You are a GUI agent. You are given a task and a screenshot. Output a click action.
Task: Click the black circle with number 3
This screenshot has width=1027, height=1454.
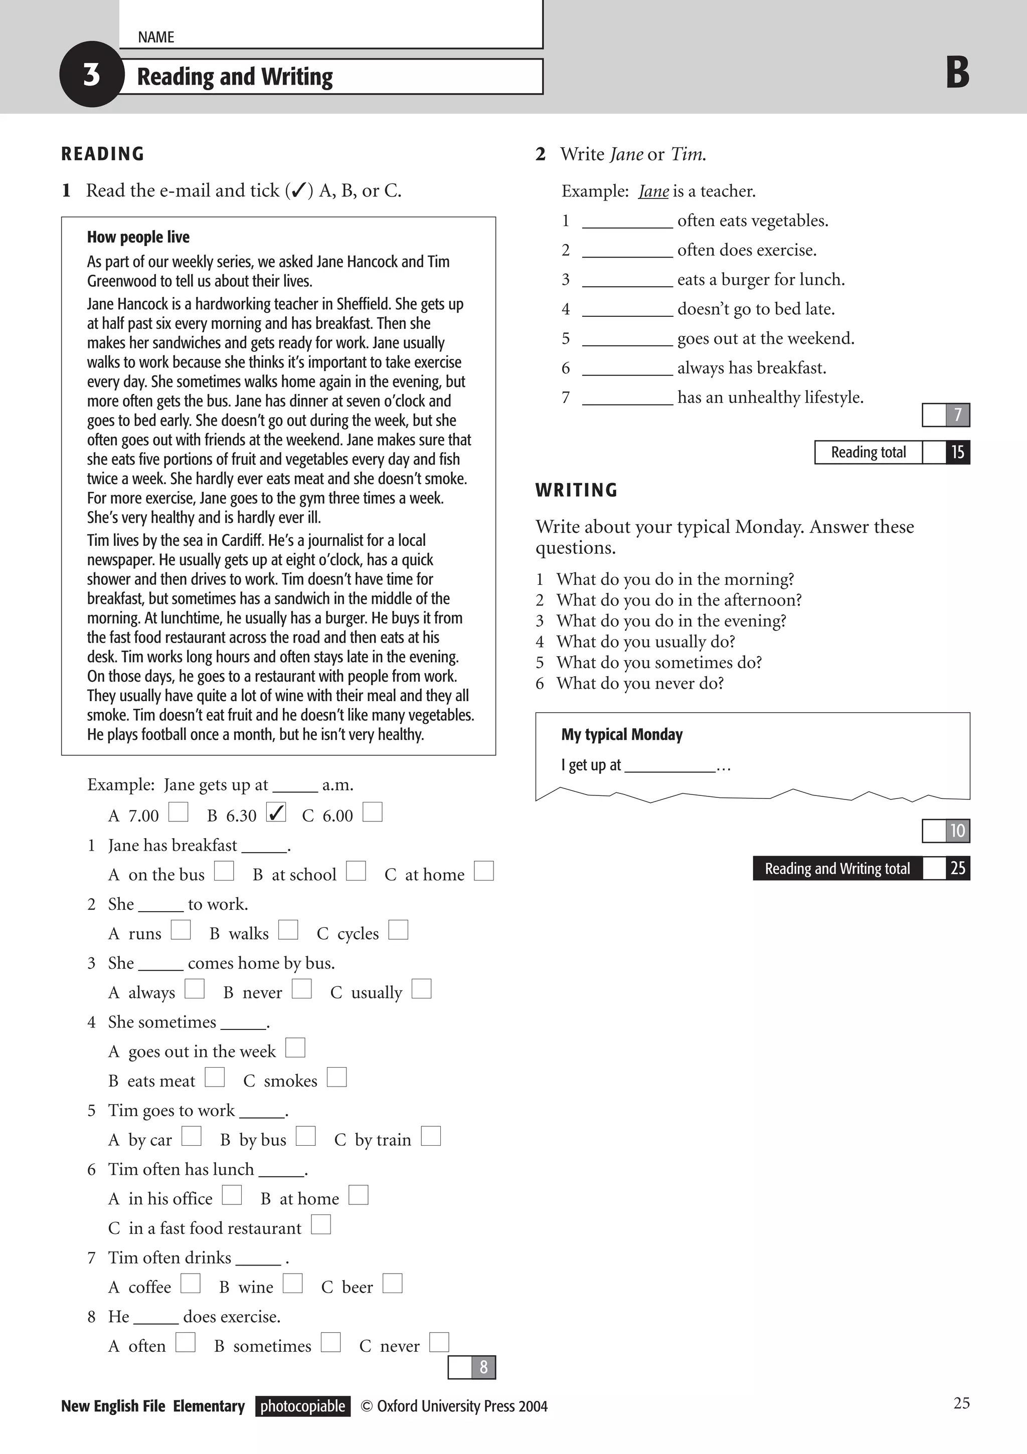(x=91, y=75)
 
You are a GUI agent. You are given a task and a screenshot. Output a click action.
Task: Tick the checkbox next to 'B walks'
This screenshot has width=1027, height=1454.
(x=288, y=930)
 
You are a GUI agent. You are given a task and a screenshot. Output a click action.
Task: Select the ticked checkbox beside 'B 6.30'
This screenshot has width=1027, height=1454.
(x=276, y=812)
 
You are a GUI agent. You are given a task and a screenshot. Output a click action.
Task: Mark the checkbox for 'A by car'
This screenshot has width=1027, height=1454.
(x=192, y=1136)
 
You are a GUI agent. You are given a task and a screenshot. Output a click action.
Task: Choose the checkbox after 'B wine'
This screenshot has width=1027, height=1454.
(x=293, y=1284)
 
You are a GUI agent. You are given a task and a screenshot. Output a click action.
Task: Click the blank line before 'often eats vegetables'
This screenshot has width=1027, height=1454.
(x=627, y=222)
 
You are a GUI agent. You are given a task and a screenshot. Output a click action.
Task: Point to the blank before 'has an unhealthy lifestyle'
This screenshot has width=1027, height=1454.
(x=627, y=399)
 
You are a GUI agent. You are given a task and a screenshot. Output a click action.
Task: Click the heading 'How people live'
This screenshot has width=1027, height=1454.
(x=138, y=238)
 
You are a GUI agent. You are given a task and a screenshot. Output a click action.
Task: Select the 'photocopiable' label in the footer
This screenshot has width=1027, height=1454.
(x=303, y=1406)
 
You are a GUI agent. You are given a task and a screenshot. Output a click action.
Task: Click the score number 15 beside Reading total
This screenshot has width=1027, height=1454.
(x=957, y=453)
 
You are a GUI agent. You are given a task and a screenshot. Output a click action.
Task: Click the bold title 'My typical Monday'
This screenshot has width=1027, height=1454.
(x=621, y=735)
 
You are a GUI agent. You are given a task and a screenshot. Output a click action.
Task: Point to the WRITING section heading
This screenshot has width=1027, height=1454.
(x=576, y=490)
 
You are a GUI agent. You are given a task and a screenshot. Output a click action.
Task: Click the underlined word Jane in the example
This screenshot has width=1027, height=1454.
(x=653, y=191)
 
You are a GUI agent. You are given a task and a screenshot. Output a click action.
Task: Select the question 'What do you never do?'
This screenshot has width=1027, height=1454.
(x=640, y=683)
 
